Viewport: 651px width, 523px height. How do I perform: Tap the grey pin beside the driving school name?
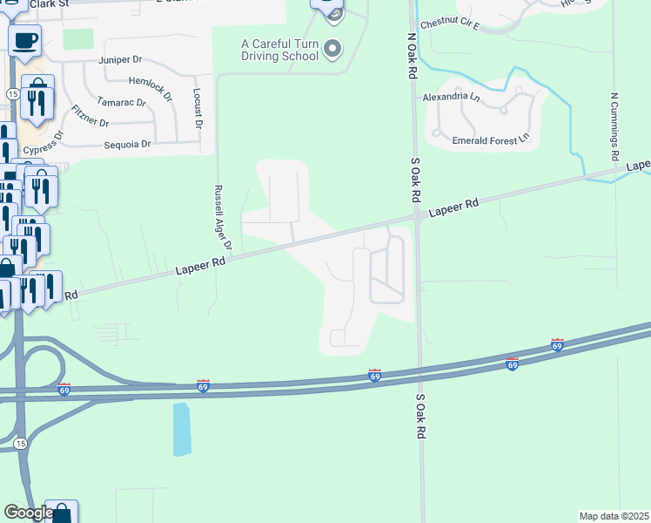click(x=332, y=50)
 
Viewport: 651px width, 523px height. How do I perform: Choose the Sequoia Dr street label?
click(x=128, y=144)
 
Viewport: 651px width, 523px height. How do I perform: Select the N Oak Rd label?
click(x=411, y=58)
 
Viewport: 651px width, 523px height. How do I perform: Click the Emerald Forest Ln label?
click(x=491, y=139)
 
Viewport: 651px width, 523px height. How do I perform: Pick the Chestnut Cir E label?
click(x=450, y=24)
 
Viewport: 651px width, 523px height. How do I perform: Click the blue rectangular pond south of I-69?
click(x=181, y=429)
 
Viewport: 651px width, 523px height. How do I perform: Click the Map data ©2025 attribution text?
click(x=614, y=516)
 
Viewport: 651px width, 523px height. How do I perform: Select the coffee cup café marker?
click(x=24, y=39)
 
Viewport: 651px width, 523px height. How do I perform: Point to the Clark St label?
click(x=49, y=4)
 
